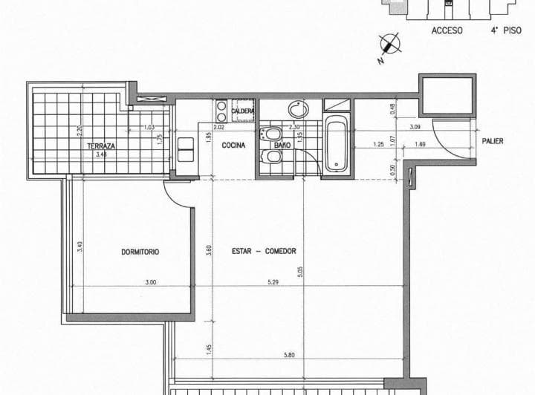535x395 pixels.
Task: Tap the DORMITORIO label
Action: [140, 252]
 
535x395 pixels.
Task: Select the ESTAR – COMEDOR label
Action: [263, 251]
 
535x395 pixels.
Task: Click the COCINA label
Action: [234, 146]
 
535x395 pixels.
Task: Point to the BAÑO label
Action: [282, 146]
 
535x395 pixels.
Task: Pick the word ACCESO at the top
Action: [447, 31]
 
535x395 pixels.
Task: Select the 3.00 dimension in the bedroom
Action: [151, 281]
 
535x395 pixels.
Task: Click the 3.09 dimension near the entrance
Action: [415, 127]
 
